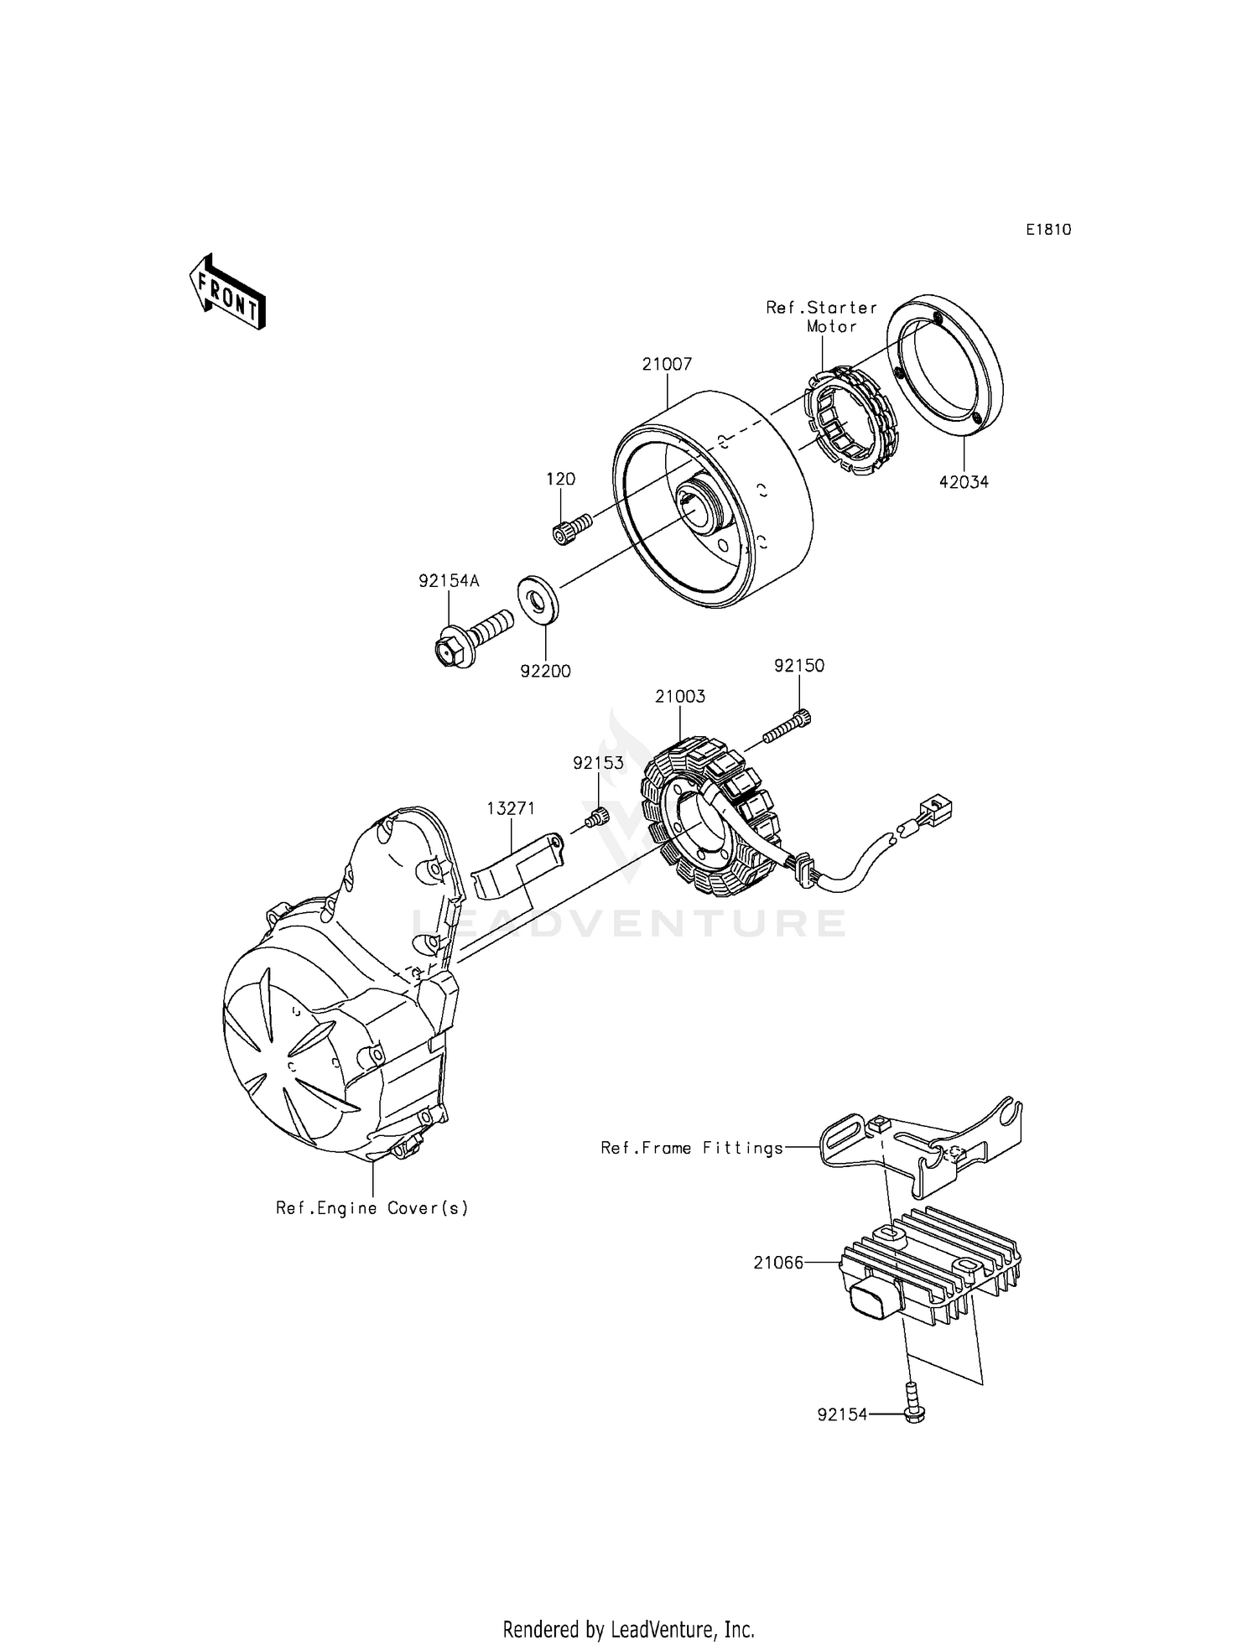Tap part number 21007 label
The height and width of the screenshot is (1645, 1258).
click(x=667, y=364)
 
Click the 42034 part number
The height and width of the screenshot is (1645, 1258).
click(x=964, y=482)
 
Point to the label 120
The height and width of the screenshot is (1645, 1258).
click(x=561, y=479)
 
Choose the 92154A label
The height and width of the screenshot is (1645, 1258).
click(x=450, y=580)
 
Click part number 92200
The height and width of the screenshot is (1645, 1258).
click(x=545, y=671)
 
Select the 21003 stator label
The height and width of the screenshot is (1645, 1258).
click(x=680, y=696)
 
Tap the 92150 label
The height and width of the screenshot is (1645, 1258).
click(x=799, y=666)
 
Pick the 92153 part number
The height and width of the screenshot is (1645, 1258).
click(x=598, y=763)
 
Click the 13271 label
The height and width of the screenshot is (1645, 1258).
click(x=511, y=808)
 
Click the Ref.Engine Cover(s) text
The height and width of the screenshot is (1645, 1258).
click(x=372, y=1208)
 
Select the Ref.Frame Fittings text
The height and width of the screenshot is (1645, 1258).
click(x=692, y=1148)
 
